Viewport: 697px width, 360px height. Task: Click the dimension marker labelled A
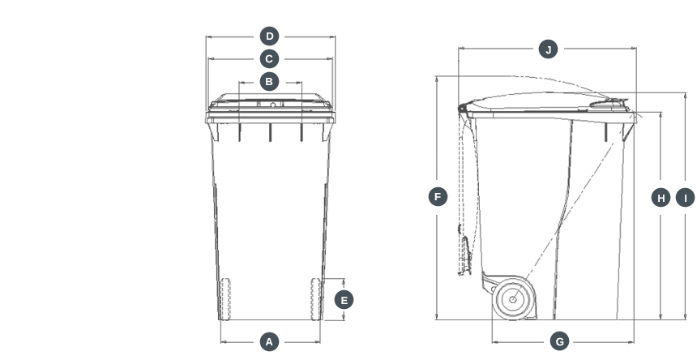point(270,341)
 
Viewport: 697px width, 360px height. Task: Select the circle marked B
point(270,81)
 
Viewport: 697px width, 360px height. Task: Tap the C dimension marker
point(270,58)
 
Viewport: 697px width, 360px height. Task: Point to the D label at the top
point(270,36)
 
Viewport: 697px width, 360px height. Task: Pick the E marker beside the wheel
point(344,300)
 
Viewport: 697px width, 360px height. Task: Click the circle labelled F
point(438,196)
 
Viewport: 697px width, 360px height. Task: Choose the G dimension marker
point(560,341)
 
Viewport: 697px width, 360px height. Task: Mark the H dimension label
point(661,198)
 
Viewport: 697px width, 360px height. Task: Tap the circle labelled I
point(685,198)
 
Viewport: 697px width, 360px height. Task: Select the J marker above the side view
point(549,49)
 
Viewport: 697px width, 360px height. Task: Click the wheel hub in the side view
point(513,299)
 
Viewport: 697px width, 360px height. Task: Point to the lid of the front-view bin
point(270,105)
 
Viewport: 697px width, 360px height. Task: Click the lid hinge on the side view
point(464,108)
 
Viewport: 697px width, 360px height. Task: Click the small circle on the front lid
point(273,105)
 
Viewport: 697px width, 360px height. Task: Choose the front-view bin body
point(270,211)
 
